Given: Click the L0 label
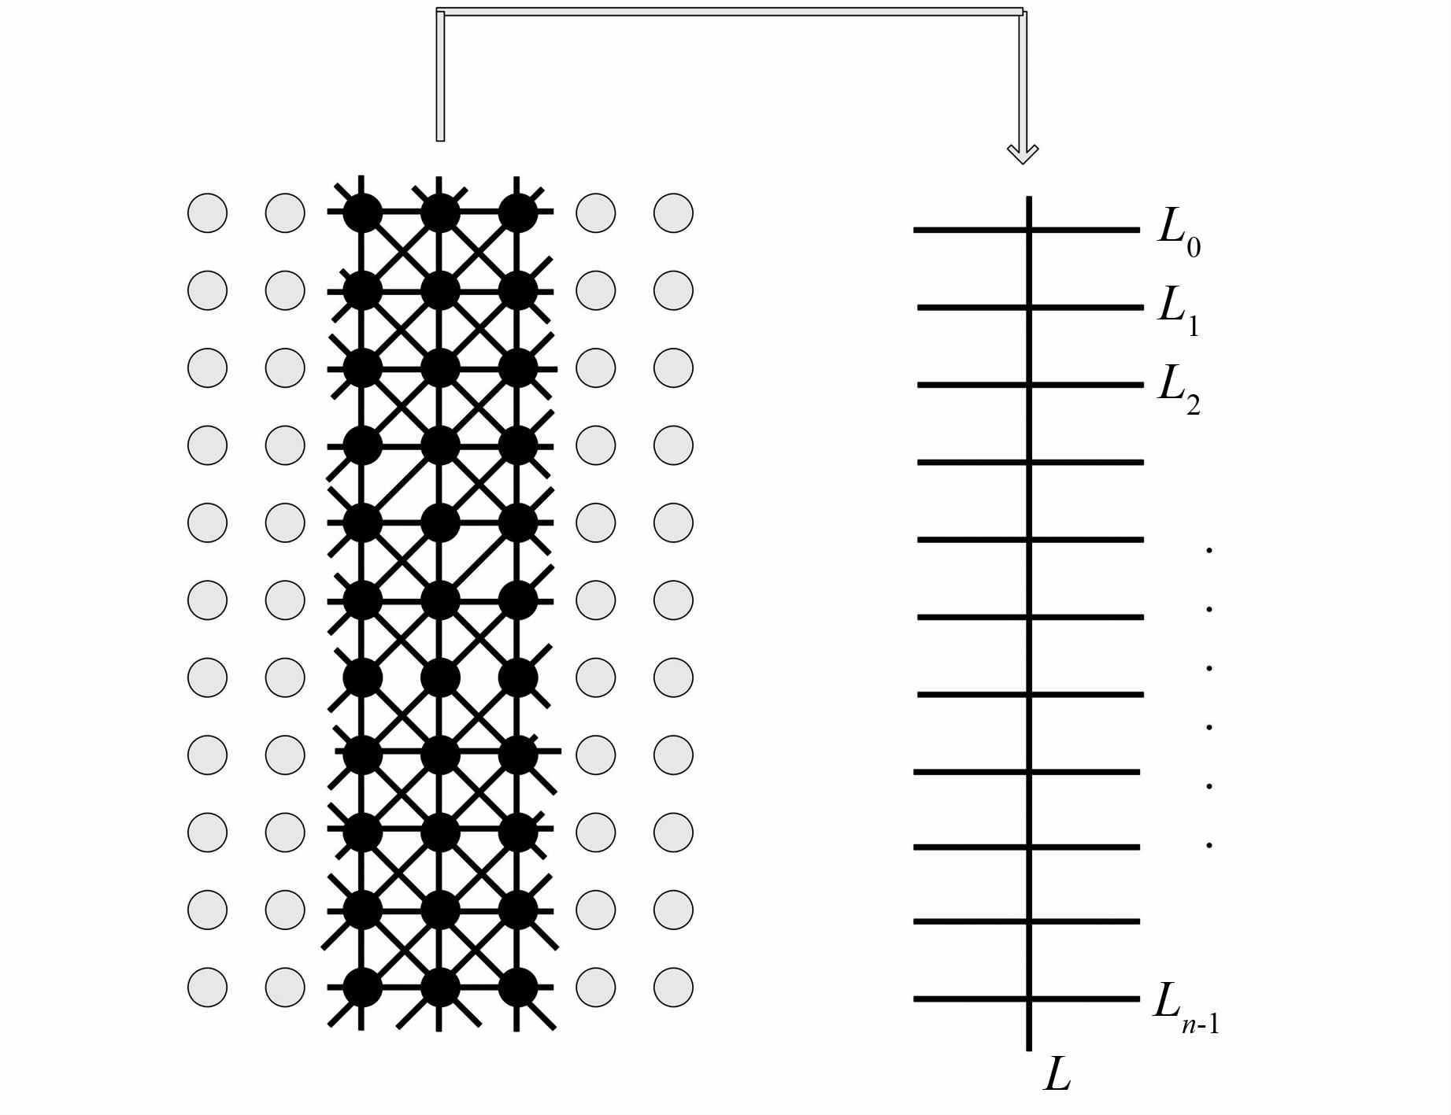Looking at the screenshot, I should point(1179,231).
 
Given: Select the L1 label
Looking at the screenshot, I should point(1179,308).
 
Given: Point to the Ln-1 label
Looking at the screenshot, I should point(1186,1006).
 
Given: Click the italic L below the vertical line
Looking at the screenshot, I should point(1057,1074).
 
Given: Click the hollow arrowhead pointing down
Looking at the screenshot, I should point(1023,153).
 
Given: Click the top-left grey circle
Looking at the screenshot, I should point(207,213).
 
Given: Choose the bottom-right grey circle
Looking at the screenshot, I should point(673,988).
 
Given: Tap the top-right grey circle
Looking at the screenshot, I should point(673,213).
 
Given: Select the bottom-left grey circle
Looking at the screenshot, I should point(207,988).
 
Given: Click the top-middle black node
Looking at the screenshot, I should point(440,213).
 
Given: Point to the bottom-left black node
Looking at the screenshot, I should point(362,988).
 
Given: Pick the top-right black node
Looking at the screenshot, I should point(518,213).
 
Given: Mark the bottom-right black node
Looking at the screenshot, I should point(518,988).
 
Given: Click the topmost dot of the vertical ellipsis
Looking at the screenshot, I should point(1209,550).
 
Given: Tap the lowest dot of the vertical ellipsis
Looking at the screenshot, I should point(1209,846).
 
